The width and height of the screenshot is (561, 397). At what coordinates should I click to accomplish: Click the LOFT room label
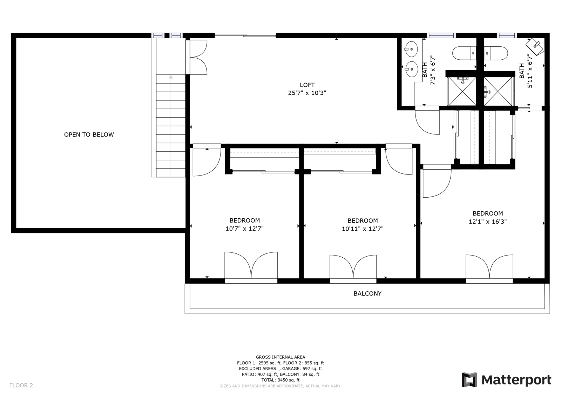tap(307, 85)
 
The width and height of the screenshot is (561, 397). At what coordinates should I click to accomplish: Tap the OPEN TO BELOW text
tap(89, 135)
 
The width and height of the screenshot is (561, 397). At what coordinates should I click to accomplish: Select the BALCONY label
tap(367, 293)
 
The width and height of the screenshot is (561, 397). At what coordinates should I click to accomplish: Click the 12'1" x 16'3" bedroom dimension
tap(488, 221)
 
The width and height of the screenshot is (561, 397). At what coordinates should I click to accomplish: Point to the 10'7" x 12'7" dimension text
tap(244, 229)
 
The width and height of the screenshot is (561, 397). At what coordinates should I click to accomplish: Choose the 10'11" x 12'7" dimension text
tap(363, 229)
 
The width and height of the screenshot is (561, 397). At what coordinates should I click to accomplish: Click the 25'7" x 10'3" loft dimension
tap(307, 93)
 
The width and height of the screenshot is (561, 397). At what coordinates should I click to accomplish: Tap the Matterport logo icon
tap(469, 380)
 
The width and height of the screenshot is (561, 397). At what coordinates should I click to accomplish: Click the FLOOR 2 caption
tap(21, 385)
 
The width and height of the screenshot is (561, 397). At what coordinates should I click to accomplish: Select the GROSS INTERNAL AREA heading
tap(280, 357)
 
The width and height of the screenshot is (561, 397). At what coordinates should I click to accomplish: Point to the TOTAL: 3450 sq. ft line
tap(280, 380)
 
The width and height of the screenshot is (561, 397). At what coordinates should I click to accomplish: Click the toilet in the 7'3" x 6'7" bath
tap(464, 53)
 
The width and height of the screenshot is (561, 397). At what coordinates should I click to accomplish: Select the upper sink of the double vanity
tap(411, 49)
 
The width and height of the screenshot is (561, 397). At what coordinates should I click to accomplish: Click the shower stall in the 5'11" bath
tap(498, 91)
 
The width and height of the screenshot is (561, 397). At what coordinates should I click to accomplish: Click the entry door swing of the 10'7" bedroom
tap(207, 160)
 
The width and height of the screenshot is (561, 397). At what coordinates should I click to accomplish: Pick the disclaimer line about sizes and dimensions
tap(280, 386)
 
